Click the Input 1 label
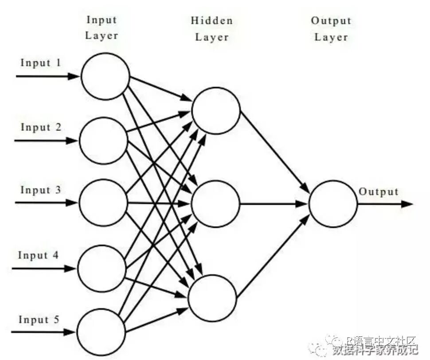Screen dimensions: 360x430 [x=41, y=63]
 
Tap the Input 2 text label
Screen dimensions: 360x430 [x=41, y=127]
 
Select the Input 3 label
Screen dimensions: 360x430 [x=41, y=190]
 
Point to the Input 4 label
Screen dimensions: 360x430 [x=39, y=255]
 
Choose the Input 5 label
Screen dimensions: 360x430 [x=39, y=320]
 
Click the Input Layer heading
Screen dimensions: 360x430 [x=102, y=27]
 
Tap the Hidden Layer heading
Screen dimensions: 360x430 [x=211, y=28]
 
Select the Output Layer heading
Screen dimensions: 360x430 [x=331, y=28]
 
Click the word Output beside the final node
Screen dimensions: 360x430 [x=379, y=192]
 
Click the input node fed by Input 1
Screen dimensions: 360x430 [x=105, y=76]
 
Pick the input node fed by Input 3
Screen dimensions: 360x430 [x=103, y=203]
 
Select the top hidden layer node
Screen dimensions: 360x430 [x=216, y=110]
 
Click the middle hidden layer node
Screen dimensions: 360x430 [x=215, y=204]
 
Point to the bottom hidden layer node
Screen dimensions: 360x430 [x=212, y=297]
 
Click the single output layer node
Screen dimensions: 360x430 [x=333, y=204]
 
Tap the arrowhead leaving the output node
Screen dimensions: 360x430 [x=407, y=204]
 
